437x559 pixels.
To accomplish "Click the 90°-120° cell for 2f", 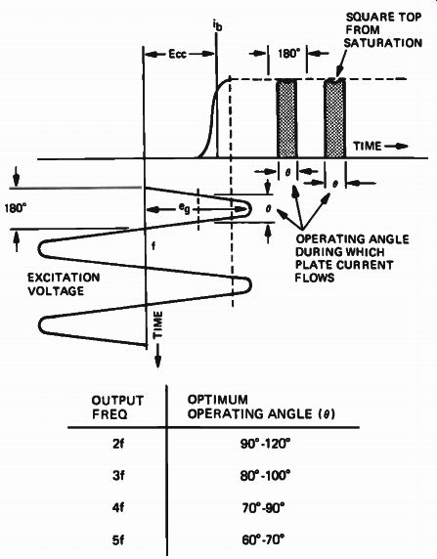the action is tap(265, 445).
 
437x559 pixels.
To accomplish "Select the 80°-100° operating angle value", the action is tap(265, 476).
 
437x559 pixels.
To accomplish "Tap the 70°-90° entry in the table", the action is tap(264, 507).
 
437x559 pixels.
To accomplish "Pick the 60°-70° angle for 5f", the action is tap(263, 539).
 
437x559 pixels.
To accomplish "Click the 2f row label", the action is tap(118, 445).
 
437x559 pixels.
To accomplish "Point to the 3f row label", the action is tap(118, 476).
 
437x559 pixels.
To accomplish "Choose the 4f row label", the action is tap(118, 507).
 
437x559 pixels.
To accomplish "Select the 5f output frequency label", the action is tap(118, 540).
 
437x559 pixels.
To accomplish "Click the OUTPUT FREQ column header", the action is tap(117, 408).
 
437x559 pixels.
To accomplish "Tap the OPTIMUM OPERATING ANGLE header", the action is tap(261, 407).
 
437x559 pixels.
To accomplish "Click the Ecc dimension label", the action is tap(177, 54).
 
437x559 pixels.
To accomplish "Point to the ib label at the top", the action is tap(217, 25).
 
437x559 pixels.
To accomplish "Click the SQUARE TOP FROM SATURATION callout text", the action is tap(383, 30).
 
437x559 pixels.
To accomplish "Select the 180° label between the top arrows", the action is tap(288, 54).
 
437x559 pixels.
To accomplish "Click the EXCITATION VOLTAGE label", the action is tap(64, 284).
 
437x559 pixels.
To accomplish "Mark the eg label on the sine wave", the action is tap(185, 208).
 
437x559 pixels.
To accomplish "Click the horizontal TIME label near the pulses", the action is tap(368, 146).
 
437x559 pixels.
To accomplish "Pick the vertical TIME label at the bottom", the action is tap(157, 324).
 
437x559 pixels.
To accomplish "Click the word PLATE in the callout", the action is tap(312, 265).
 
